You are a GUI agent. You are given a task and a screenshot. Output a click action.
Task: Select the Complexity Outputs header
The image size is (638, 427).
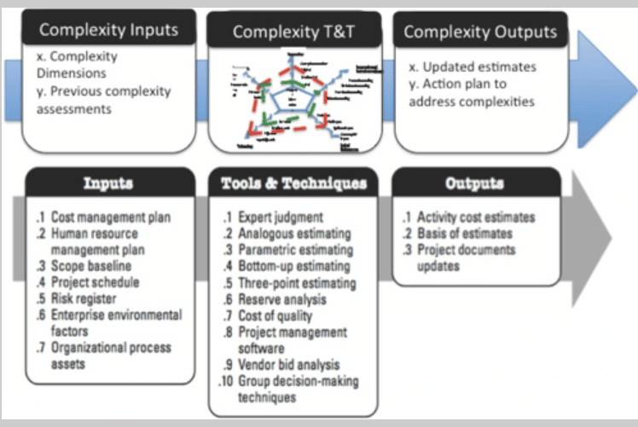479,32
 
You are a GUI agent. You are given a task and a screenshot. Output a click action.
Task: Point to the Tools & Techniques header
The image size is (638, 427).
293,183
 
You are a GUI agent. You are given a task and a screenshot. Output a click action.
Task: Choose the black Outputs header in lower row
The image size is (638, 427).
474,183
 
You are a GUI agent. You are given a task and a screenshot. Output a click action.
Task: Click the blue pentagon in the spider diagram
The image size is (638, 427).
293,101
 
